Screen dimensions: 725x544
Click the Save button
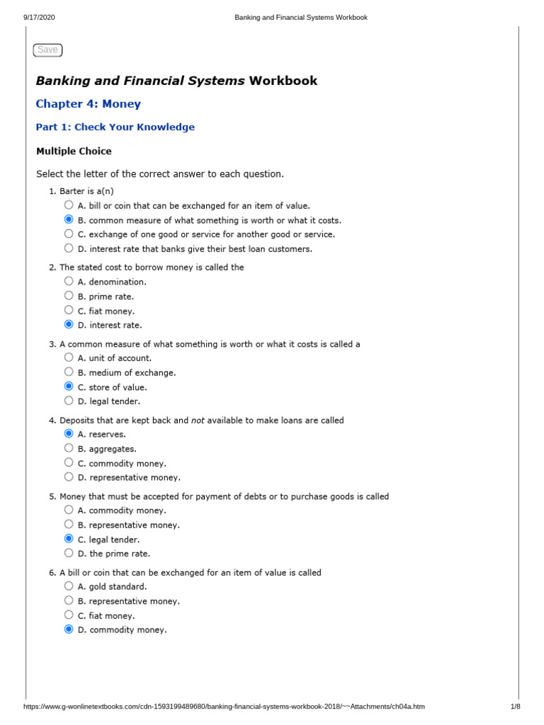(x=47, y=50)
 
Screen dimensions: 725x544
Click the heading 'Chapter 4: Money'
(x=88, y=104)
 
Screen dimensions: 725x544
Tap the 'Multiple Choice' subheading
(x=74, y=151)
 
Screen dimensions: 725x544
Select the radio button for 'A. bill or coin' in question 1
(x=69, y=205)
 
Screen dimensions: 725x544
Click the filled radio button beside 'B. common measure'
(x=69, y=219)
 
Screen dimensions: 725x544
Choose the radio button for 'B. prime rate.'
(x=69, y=296)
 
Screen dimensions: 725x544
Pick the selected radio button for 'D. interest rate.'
(x=69, y=324)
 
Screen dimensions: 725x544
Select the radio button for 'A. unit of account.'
(x=69, y=358)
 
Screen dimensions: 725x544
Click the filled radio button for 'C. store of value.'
(x=69, y=387)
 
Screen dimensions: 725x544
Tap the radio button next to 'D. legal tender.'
(x=69, y=401)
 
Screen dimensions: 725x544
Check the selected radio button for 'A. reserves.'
(x=69, y=433)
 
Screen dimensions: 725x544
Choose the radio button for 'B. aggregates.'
(x=69, y=448)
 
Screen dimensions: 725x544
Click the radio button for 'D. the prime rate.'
(x=69, y=553)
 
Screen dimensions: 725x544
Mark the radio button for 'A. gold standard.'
(x=69, y=586)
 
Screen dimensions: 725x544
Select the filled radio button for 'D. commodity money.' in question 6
(x=69, y=629)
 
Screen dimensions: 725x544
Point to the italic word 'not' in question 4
(x=198, y=421)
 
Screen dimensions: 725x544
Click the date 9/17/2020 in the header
(x=39, y=18)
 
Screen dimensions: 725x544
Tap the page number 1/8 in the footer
(x=515, y=707)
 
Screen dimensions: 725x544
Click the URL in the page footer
(x=224, y=707)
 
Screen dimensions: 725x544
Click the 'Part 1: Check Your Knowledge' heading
(x=115, y=127)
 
